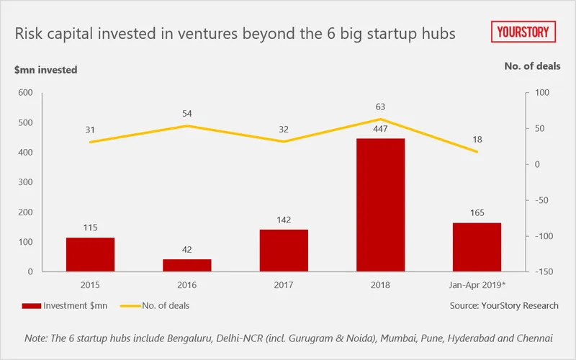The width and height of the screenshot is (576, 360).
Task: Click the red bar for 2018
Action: [x=381, y=204]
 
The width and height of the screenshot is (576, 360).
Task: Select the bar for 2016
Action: [x=187, y=265]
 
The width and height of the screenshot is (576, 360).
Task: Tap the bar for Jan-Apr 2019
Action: [x=477, y=247]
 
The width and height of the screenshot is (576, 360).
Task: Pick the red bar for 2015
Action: [x=91, y=254]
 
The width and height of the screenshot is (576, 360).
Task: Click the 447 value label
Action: [x=381, y=129]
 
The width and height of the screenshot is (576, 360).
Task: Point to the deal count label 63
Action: [x=381, y=107]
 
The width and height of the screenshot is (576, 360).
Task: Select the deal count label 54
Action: [x=187, y=114]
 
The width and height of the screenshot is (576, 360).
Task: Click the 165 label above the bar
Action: [x=477, y=213]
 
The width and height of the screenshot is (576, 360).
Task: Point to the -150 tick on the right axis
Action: [x=544, y=272]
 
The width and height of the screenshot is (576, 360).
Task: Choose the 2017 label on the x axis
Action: [x=284, y=285]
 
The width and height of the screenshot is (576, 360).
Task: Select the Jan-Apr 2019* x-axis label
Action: [x=477, y=285]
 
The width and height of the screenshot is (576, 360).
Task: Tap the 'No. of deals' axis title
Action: [x=532, y=66]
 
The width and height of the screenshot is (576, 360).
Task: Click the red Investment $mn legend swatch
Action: [x=32, y=305]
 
